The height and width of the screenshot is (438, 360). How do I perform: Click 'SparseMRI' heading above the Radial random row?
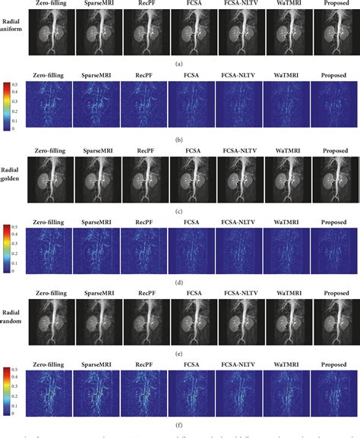[x=97, y=291]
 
